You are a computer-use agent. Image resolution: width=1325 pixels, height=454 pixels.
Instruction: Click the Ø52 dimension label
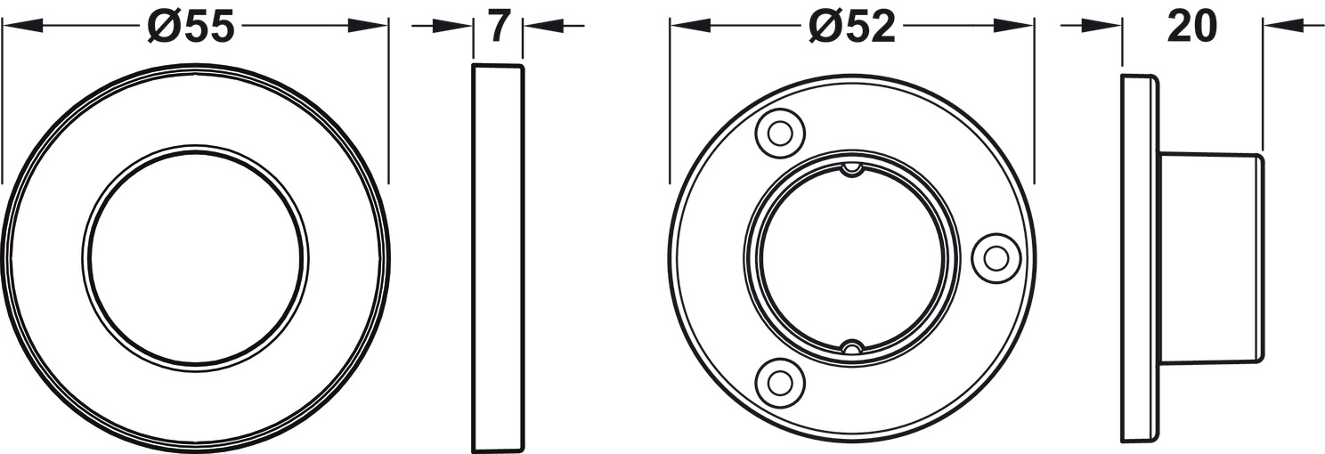[852, 28]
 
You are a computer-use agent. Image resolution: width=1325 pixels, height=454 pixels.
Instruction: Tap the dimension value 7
[499, 28]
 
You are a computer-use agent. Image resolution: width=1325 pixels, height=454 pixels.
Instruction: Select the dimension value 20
[1191, 28]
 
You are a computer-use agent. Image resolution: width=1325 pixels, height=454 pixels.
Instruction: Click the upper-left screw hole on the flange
[780, 133]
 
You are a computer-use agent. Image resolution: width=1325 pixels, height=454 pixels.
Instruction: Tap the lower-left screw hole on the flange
[780, 382]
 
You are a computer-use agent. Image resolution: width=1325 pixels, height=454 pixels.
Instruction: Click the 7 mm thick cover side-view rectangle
[497, 257]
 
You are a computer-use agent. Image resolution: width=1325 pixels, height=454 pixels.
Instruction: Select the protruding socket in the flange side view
[1211, 257]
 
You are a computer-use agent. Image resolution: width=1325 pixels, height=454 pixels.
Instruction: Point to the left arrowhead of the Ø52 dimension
[687, 27]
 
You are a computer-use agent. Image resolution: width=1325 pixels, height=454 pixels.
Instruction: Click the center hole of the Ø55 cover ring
[195, 257]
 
